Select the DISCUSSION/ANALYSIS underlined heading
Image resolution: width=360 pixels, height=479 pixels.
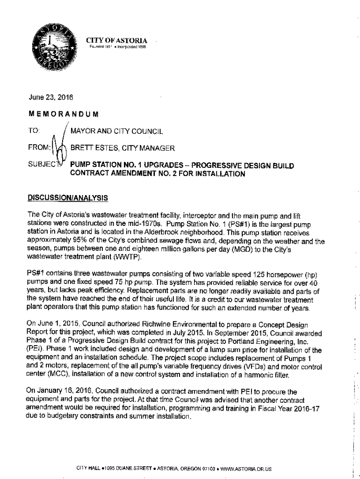point(68,198)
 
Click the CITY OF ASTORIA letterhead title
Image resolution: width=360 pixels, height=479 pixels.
point(117,40)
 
